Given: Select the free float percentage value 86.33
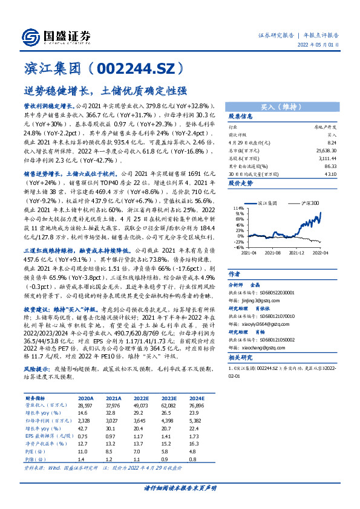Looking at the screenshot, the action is point(330,164).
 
